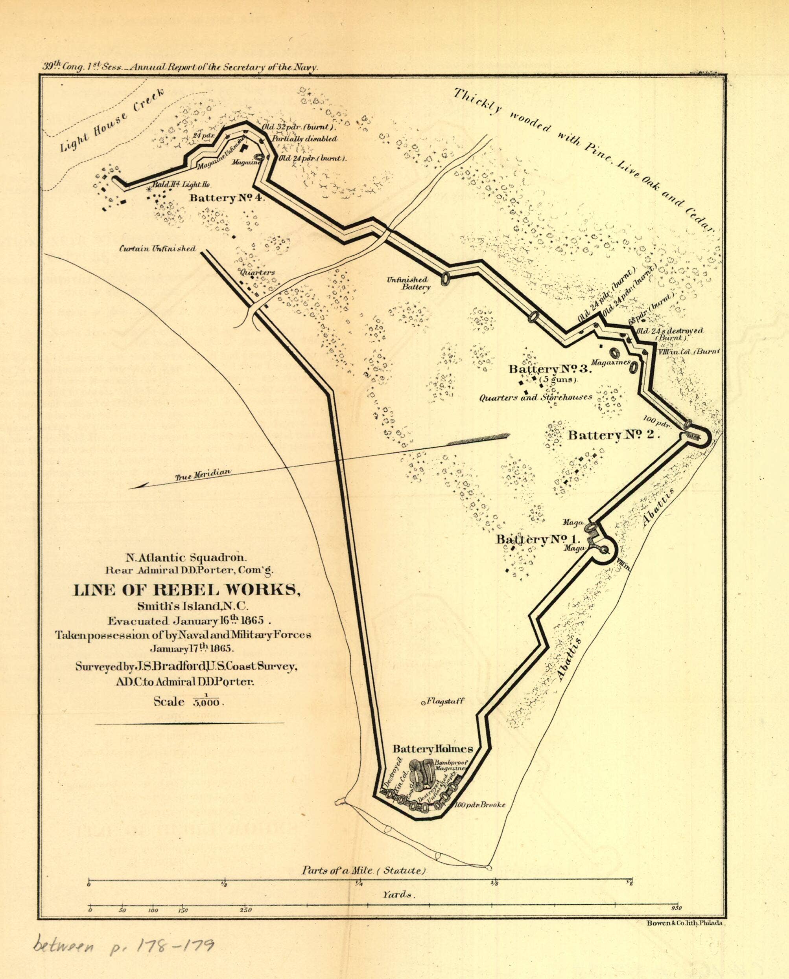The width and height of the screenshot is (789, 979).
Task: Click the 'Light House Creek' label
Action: (113, 119)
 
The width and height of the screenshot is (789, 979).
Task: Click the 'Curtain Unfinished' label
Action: (157, 248)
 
